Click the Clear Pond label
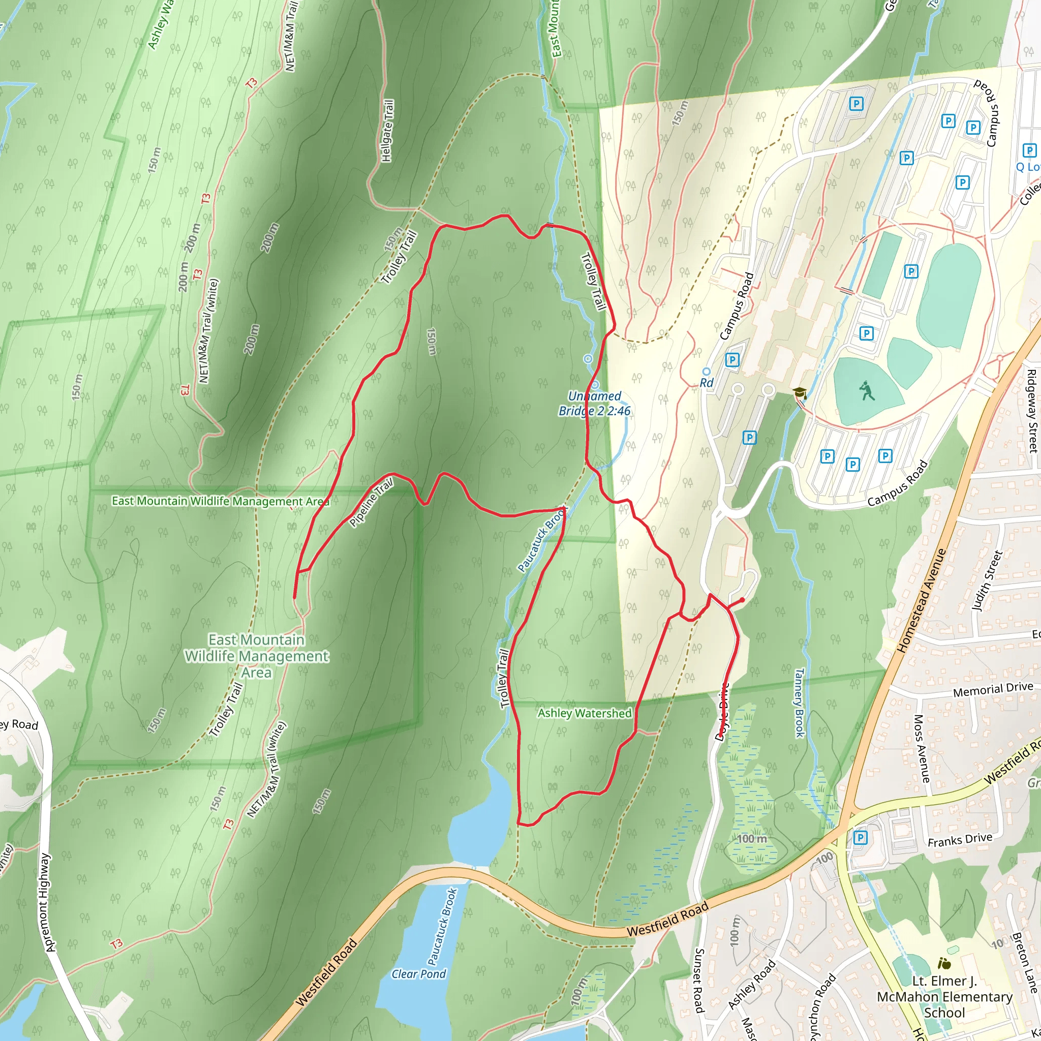(x=419, y=973)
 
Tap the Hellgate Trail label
(x=387, y=131)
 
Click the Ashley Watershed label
(x=584, y=713)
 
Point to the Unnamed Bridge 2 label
(x=594, y=404)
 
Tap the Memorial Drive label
(x=993, y=689)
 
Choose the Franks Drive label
(x=960, y=840)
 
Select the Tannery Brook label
(x=799, y=702)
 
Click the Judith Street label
(x=986, y=580)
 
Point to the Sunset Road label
(x=698, y=981)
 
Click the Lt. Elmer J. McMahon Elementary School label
(x=944, y=996)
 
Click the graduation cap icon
(x=799, y=392)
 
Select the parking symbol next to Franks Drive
(x=861, y=837)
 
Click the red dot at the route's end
(x=743, y=600)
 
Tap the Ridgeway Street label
(x=1031, y=411)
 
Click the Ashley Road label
(x=752, y=984)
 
